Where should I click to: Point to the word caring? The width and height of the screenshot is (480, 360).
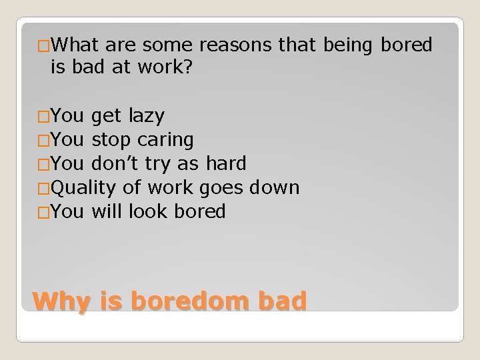(x=166, y=140)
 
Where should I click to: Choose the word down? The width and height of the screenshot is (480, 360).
(x=274, y=188)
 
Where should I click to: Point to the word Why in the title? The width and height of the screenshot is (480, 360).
(x=61, y=302)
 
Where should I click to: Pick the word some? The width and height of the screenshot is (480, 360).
(x=167, y=45)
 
